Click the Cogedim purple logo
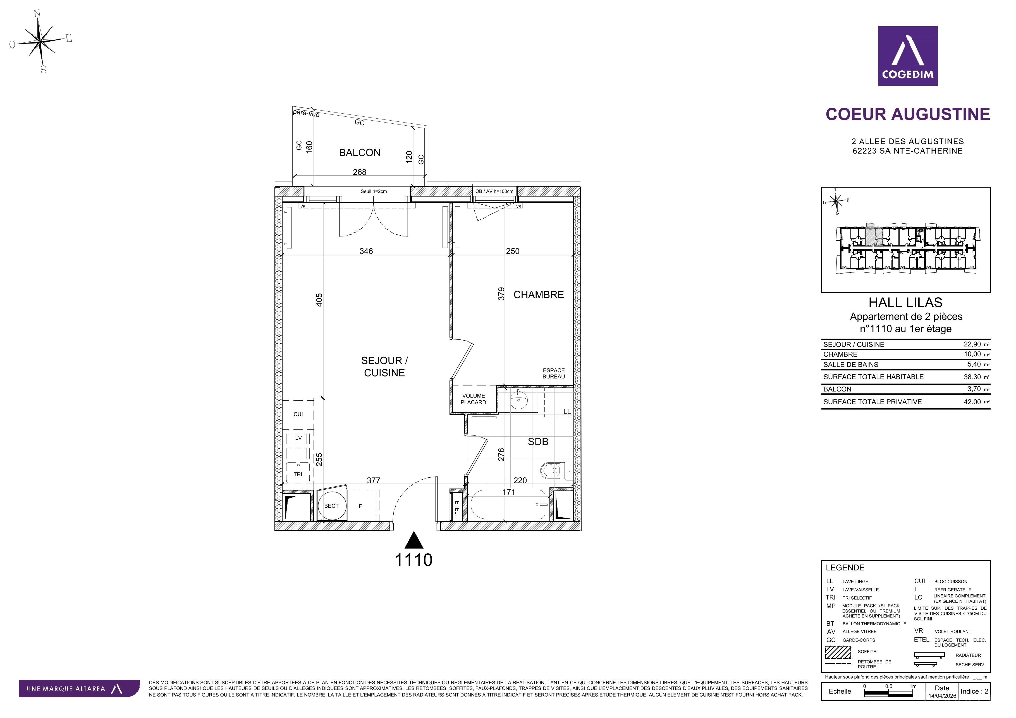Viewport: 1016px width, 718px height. pos(908,56)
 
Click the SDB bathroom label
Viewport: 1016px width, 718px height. pos(538,442)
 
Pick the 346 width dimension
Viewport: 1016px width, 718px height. pos(366,251)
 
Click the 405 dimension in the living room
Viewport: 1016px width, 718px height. pos(319,300)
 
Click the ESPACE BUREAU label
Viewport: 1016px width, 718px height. pos(554,374)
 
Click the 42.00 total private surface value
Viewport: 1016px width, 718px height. pos(972,402)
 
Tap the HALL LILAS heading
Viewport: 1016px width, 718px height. pos(905,303)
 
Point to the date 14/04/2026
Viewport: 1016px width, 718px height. pos(942,696)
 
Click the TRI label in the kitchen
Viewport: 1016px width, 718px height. pos(298,474)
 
